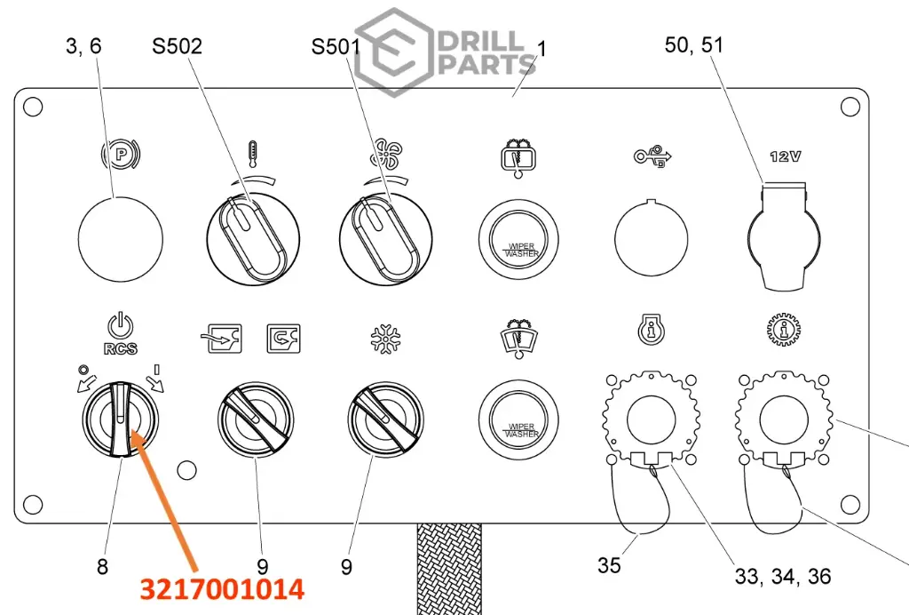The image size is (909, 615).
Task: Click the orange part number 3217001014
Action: (x=222, y=589)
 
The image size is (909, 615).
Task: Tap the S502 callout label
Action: (x=177, y=46)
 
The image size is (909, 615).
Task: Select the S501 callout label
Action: (x=336, y=46)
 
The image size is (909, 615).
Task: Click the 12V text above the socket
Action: (x=786, y=156)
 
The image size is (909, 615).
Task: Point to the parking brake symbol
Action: (x=121, y=155)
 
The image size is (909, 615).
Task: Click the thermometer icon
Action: (x=252, y=154)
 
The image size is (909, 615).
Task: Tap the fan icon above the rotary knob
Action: (x=385, y=154)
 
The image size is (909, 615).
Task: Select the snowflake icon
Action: (x=385, y=339)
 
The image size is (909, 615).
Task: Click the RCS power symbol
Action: (x=121, y=327)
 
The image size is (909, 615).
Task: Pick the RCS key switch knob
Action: (x=120, y=419)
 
